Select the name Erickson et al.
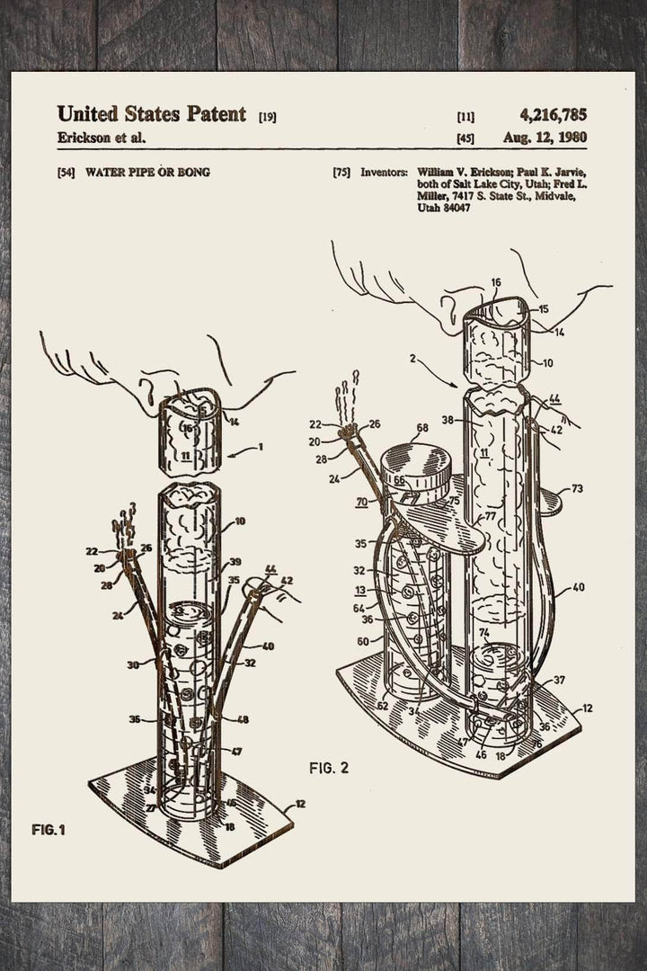tap(101, 138)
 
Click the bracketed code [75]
tap(341, 171)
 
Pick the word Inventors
tap(385, 171)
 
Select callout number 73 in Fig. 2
tap(576, 489)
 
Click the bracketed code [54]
tap(65, 171)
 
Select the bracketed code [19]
tap(267, 116)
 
